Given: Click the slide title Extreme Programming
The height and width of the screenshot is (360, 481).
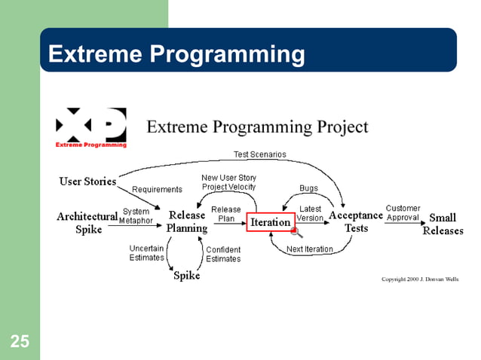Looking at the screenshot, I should point(176,54).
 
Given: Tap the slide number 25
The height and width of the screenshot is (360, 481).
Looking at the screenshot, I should point(20,343).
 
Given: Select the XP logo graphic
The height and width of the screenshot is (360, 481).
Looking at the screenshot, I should point(90,127).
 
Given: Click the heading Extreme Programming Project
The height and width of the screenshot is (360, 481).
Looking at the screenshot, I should point(257,127).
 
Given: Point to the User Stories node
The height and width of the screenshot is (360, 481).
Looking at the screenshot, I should point(87,181).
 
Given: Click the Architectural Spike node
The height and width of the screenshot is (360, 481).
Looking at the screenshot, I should point(87,223).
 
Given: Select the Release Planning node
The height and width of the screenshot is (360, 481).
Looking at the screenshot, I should point(186,222).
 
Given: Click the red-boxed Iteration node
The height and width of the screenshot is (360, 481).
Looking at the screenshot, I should point(271,222).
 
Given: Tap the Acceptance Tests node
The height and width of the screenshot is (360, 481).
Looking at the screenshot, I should point(356,221).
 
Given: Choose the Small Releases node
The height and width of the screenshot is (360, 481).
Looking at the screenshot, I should point(443,224).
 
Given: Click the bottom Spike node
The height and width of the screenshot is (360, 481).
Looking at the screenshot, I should point(187,276).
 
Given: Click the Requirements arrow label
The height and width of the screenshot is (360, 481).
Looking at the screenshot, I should point(157,190).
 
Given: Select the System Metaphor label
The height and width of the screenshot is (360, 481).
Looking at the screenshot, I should point(136,216).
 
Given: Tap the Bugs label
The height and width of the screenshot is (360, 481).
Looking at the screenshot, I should point(308,188).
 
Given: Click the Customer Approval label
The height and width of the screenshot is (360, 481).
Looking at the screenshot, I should point(403,213).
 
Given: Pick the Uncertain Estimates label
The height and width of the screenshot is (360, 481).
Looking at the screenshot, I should point(146,253).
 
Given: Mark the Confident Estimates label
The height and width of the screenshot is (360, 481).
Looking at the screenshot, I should point(223,255).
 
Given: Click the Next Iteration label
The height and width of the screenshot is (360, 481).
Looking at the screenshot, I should point(309,249).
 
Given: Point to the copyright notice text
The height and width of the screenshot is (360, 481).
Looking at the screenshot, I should point(419,279).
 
